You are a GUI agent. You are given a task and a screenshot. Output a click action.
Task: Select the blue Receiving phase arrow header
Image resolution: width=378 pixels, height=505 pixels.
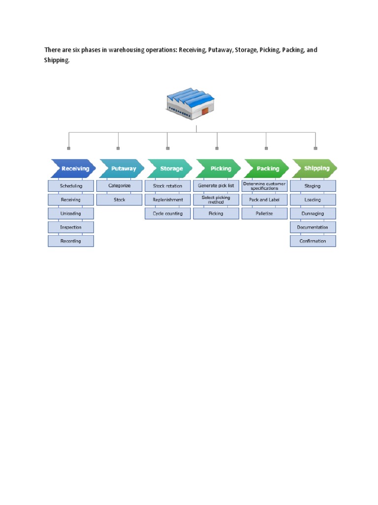click(73, 169)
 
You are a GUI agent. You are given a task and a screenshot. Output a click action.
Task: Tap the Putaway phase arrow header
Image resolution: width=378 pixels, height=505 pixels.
click(122, 169)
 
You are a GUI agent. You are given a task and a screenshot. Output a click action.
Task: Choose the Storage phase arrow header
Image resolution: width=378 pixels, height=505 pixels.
click(170, 169)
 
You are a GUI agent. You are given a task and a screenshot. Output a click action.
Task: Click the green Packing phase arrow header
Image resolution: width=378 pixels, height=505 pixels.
click(267, 169)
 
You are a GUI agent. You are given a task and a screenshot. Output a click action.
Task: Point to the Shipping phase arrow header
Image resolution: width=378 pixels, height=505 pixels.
click(315, 169)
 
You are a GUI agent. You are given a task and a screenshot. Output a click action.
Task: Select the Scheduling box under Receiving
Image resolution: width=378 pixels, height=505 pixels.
click(70, 186)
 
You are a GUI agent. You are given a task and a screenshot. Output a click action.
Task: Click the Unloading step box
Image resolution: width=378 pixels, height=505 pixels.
click(70, 214)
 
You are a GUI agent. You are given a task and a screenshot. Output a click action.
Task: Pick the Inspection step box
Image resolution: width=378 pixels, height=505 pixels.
click(70, 227)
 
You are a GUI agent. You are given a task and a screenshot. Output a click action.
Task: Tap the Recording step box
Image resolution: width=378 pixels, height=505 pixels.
click(70, 241)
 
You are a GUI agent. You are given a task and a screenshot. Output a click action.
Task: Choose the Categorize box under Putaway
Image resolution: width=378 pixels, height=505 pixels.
click(119, 186)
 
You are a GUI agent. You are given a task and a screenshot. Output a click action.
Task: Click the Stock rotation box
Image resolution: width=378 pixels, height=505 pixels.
click(167, 186)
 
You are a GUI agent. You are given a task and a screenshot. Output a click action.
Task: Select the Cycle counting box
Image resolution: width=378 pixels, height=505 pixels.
click(167, 214)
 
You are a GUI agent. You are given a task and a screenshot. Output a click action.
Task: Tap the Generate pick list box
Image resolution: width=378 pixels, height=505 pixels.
click(216, 186)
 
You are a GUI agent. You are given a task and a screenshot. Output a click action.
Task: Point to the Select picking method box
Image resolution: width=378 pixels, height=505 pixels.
click(216, 200)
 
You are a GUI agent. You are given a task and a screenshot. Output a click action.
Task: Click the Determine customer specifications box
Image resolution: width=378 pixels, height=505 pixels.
click(264, 186)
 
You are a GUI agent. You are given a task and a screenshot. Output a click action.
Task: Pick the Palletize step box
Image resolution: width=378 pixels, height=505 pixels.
click(264, 214)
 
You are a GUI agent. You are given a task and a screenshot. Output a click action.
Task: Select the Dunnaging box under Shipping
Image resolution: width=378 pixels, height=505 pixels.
click(313, 214)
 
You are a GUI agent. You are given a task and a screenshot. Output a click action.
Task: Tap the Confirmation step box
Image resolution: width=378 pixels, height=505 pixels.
click(313, 241)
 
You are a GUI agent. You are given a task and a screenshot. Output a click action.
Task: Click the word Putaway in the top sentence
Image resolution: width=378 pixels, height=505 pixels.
click(219, 50)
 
